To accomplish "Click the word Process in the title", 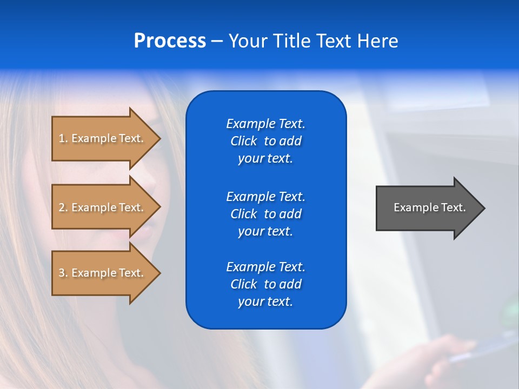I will (170, 41).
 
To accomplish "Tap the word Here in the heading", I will (378, 41).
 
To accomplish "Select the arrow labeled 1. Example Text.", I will (103, 138).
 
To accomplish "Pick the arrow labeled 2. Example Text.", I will (103, 207).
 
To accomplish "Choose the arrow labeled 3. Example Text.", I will (103, 273).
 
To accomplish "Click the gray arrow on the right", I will (427, 208).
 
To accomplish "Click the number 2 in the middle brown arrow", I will (62, 207).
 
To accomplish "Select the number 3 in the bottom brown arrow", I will (62, 273).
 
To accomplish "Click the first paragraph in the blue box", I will (265, 141).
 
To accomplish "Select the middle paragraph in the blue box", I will (265, 214).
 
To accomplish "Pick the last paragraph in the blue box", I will (265, 284).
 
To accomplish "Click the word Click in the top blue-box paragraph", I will (243, 141).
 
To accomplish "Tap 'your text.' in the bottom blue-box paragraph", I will (265, 301).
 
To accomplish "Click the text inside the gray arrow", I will (429, 207).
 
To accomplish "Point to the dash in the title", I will (217, 42).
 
